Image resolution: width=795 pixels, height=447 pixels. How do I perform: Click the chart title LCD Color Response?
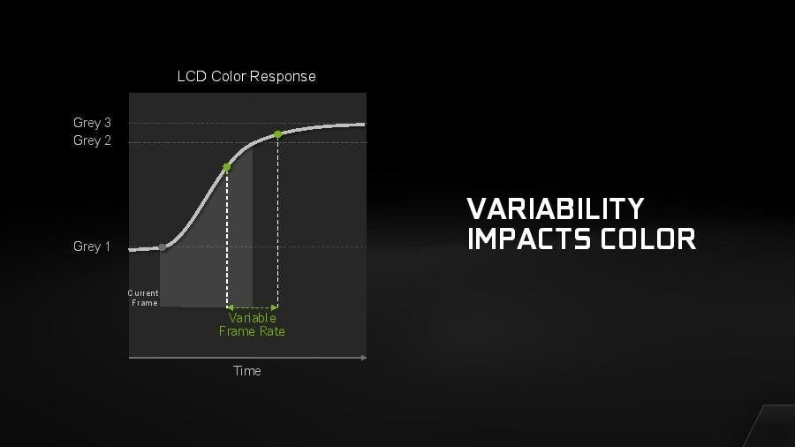(246, 77)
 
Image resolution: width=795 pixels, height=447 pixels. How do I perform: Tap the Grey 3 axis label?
(92, 123)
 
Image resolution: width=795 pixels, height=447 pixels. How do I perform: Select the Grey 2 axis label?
(92, 140)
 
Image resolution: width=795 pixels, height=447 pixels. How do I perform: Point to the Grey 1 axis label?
(91, 246)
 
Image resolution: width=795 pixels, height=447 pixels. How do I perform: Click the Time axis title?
(247, 371)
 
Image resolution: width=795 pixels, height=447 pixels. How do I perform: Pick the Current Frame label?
(143, 298)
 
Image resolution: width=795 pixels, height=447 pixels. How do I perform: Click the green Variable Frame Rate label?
(252, 325)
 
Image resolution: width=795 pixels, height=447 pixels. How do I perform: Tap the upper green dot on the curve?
(277, 134)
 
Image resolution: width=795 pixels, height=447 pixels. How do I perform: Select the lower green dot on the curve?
(227, 167)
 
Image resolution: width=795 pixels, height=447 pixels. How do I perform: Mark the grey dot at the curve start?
(163, 247)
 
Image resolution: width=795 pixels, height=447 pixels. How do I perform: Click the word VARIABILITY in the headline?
(556, 208)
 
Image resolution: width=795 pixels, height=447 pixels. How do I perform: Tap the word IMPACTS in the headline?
(529, 239)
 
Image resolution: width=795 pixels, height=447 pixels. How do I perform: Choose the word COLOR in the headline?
(648, 239)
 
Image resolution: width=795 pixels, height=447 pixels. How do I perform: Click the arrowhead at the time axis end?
(364, 358)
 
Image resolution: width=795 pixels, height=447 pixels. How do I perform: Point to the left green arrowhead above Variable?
(230, 307)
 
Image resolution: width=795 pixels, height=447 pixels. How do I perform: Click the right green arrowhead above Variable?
(275, 307)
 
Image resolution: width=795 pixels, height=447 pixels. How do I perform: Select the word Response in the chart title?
(283, 77)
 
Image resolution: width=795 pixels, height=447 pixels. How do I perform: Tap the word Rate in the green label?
(272, 331)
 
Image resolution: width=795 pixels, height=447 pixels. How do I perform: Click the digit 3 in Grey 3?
(108, 123)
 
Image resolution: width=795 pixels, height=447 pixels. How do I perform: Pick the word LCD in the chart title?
(192, 77)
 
